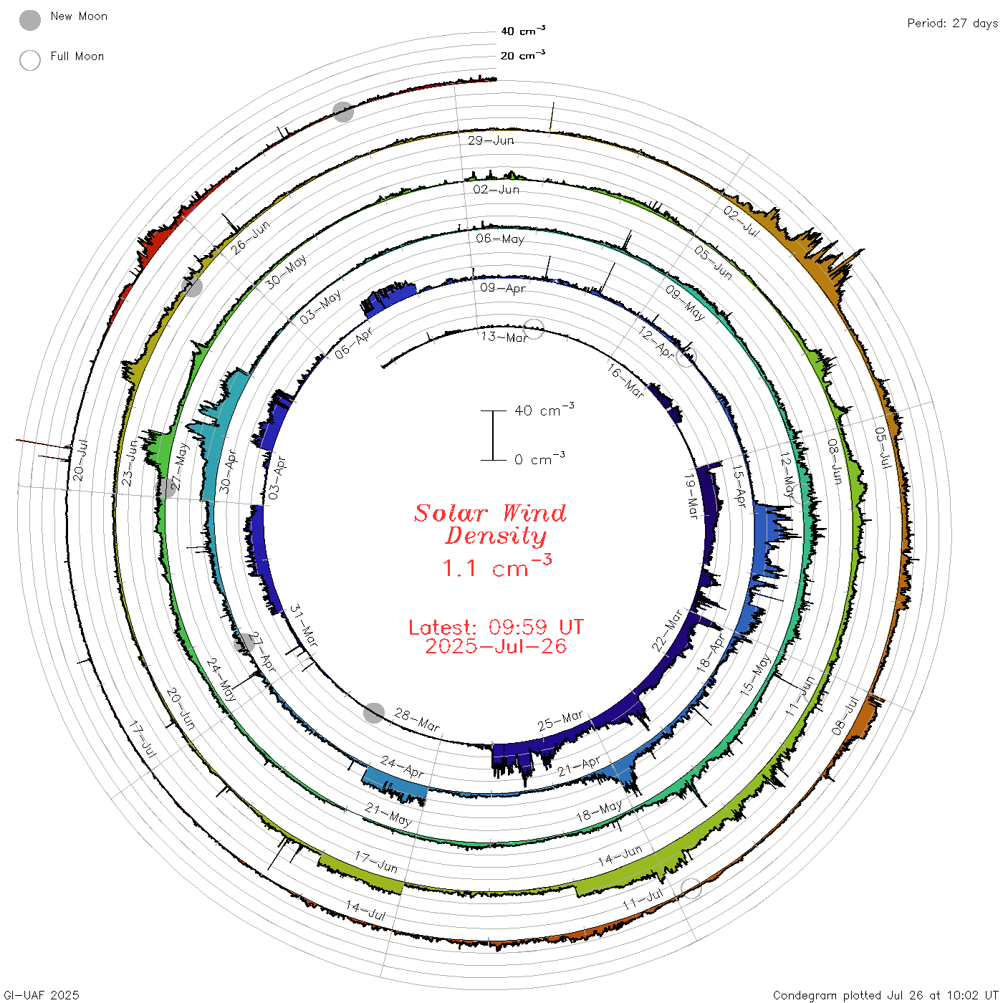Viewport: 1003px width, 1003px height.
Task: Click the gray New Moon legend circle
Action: [x=29, y=20]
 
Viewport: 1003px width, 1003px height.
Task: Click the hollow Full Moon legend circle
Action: [x=29, y=60]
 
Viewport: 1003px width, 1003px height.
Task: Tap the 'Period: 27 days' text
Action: [x=952, y=24]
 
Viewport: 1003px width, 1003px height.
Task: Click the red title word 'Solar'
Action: [x=451, y=513]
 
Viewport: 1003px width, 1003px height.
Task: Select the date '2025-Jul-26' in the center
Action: [x=496, y=646]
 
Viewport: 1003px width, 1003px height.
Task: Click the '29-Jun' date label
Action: [x=490, y=140]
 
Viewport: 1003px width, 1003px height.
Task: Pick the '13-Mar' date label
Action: [x=504, y=337]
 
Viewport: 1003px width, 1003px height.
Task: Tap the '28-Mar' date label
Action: [x=417, y=719]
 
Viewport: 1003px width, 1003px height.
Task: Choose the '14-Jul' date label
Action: [x=365, y=911]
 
